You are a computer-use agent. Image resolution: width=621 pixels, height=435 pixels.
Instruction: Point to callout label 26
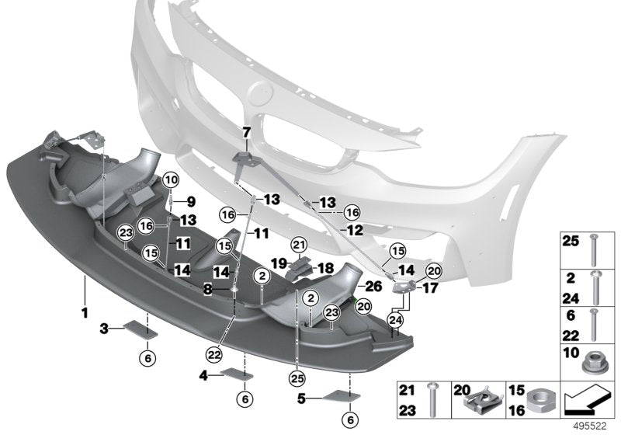[373, 286]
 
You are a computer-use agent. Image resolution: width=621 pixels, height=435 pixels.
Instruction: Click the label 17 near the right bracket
[429, 287]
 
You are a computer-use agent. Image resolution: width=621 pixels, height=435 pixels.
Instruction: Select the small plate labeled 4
[237, 374]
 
